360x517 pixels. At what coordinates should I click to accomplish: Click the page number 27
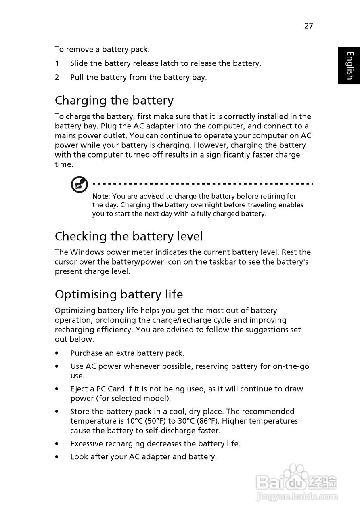308,26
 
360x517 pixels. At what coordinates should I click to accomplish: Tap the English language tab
349,65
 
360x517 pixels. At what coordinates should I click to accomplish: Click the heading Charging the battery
114,100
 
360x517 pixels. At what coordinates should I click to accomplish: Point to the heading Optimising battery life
119,294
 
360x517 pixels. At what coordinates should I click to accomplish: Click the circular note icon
79,185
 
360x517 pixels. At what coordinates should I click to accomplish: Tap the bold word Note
100,196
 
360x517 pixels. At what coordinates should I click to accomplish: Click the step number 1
57,63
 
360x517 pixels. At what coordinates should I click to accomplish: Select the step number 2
57,77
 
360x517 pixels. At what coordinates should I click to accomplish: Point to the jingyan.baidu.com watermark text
297,496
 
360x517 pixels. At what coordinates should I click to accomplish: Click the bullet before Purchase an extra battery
57,353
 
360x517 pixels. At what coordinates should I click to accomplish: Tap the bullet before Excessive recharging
57,443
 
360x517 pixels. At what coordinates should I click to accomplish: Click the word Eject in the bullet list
79,389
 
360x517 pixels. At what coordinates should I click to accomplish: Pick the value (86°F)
209,421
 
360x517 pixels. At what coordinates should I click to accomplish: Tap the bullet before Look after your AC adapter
57,456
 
